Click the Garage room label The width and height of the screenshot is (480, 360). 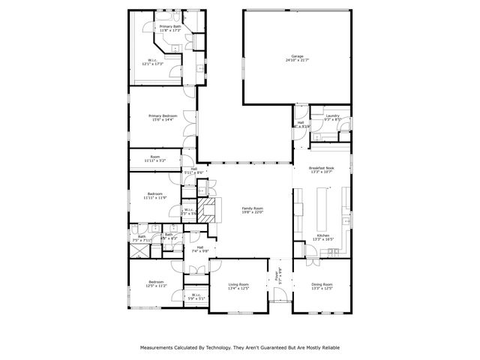pyautogui.click(x=298, y=56)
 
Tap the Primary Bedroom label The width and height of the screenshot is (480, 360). pyautogui.click(x=162, y=115)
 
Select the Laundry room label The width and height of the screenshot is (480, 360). pyautogui.click(x=333, y=115)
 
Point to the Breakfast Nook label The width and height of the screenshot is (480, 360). pyautogui.click(x=321, y=168)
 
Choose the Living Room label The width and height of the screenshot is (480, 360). pyautogui.click(x=238, y=284)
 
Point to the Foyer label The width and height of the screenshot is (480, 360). pyautogui.click(x=277, y=274)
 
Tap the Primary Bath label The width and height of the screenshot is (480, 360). pyautogui.click(x=170, y=26)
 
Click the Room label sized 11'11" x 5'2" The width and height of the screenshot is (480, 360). pyautogui.click(x=155, y=157)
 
